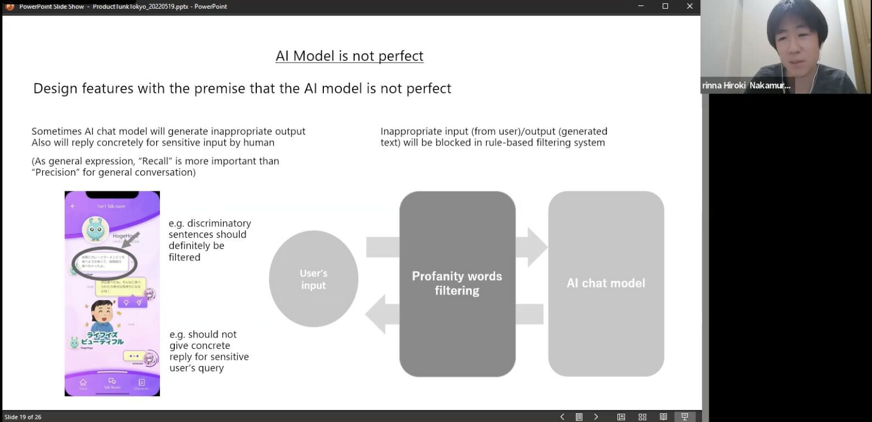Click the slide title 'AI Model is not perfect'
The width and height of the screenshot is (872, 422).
(349, 56)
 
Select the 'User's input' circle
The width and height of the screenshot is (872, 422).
(313, 279)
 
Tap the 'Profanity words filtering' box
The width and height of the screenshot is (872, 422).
(457, 283)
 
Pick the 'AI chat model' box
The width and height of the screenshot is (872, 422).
(606, 283)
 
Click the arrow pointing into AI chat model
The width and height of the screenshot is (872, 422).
(531, 247)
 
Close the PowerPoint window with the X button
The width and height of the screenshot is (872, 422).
(689, 7)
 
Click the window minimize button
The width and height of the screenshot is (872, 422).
(641, 7)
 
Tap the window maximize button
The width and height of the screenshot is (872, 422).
(665, 7)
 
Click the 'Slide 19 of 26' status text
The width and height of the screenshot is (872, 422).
(23, 417)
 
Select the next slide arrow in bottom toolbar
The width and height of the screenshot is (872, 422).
(596, 417)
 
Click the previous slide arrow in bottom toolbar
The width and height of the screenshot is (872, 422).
(562, 417)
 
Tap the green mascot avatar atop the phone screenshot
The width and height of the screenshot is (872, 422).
(95, 230)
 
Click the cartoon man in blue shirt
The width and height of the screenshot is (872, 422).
(102, 315)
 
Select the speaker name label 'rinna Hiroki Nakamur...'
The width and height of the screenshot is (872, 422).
(746, 86)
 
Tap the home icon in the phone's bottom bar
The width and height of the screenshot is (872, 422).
(83, 382)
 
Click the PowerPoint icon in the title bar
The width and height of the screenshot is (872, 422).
(9, 7)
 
